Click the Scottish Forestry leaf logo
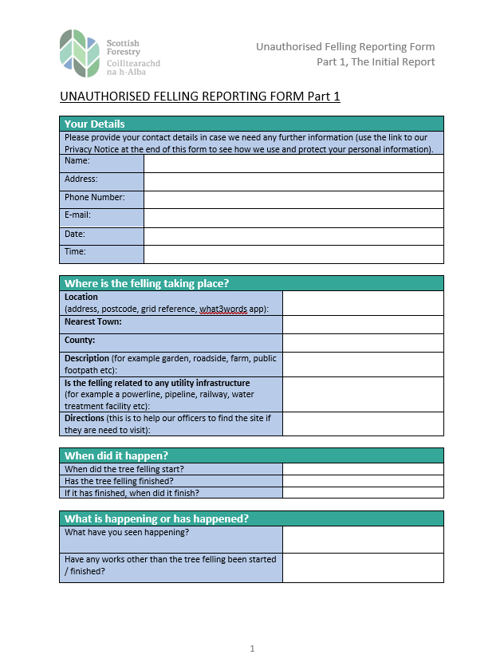[80, 53]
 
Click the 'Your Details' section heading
[95, 124]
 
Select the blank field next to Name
[293, 163]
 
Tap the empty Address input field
[293, 181]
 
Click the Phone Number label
[95, 197]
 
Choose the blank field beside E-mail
[293, 218]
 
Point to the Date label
[75, 235]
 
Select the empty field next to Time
[293, 254]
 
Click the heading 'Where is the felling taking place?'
[147, 283]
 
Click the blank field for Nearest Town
[363, 325]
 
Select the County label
[80, 341]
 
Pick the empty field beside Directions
[363, 424]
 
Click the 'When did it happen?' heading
[116, 455]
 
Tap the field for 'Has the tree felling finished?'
[363, 481]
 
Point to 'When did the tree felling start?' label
[124, 469]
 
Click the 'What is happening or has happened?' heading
[156, 518]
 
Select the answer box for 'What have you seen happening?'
[363, 539]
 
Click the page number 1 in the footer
[252, 648]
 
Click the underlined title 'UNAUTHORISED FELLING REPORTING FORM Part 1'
[200, 97]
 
